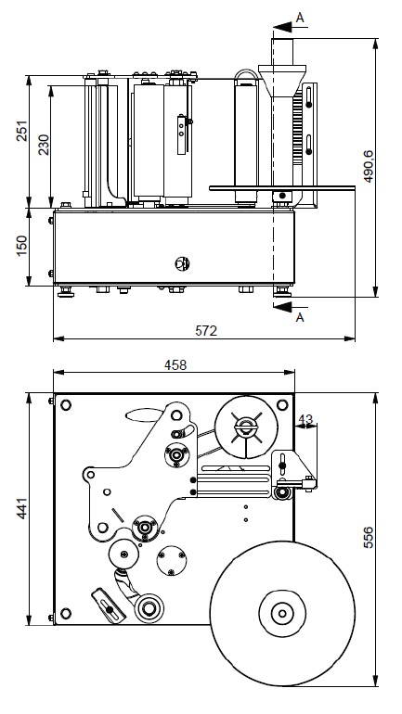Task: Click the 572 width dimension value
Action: click(x=206, y=331)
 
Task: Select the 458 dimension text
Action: click(x=175, y=364)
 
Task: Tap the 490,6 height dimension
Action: click(x=369, y=166)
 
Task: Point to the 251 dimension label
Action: click(x=22, y=131)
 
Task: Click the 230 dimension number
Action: click(x=44, y=145)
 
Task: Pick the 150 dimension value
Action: click(x=22, y=246)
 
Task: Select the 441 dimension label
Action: click(x=22, y=509)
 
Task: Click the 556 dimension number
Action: click(x=369, y=537)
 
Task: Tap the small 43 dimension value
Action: click(x=306, y=419)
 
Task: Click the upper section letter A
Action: click(x=300, y=18)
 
